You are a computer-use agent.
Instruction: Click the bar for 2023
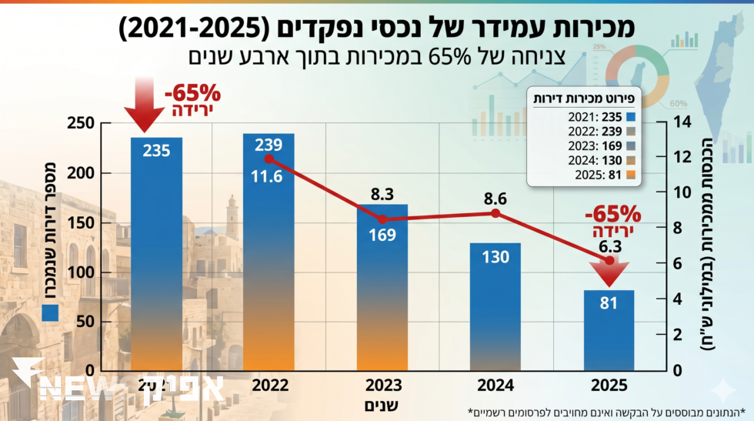click(382, 292)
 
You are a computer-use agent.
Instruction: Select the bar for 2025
click(609, 331)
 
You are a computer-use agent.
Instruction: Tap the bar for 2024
click(495, 308)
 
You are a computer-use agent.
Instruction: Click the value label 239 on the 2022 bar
click(269, 145)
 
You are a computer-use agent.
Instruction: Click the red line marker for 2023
click(382, 219)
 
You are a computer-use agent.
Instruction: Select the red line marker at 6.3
click(609, 261)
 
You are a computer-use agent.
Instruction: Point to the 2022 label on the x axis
click(269, 385)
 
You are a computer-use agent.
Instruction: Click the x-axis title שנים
click(382, 403)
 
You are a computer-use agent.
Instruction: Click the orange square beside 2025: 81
click(631, 175)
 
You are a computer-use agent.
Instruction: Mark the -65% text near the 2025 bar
click(612, 212)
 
